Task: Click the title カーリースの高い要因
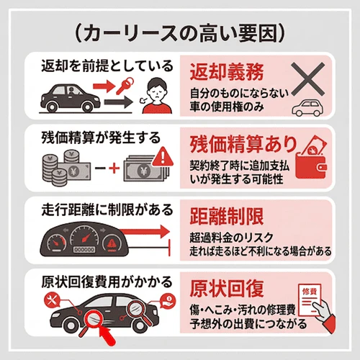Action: click(x=179, y=33)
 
